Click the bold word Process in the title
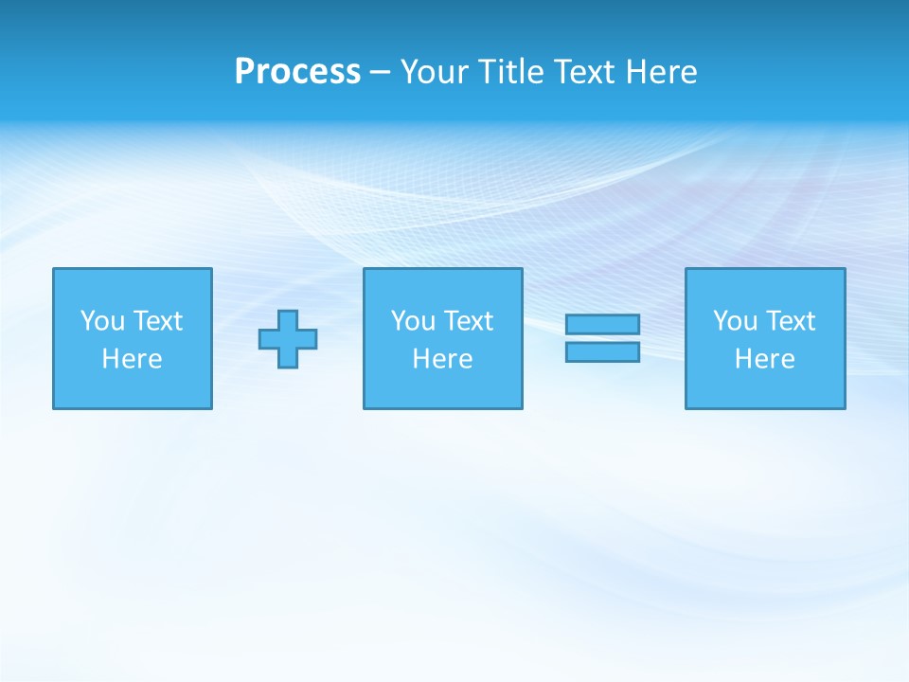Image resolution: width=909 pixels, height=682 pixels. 297,72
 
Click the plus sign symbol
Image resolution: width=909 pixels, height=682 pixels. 288,339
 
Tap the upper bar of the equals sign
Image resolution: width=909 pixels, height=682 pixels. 602,324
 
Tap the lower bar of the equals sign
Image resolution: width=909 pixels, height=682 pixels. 602,352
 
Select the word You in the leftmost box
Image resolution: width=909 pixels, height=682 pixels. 102,321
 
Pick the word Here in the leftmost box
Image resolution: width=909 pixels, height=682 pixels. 132,359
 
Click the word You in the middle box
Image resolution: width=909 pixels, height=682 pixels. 413,321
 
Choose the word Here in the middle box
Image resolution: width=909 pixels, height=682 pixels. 442,359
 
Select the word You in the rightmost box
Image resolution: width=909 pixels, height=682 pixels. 735,321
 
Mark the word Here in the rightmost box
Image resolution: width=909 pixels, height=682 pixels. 764,359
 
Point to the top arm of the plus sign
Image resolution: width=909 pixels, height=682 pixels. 288,320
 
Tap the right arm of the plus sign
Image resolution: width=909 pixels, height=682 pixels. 308,339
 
